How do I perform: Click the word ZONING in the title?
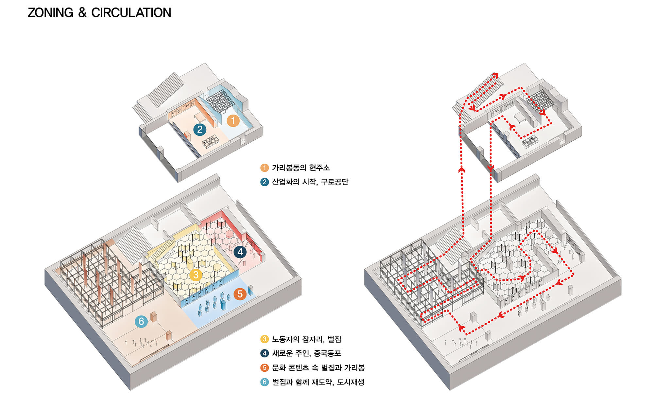[51, 13]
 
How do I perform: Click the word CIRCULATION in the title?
[131, 13]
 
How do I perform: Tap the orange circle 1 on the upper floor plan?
[233, 121]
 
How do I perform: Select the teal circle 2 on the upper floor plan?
[200, 130]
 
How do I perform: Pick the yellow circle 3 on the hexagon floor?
[196, 275]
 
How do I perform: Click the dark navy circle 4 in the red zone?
[240, 252]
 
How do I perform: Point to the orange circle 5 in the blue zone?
[240, 294]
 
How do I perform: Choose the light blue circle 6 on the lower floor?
[141, 321]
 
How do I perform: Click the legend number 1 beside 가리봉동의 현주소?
[264, 168]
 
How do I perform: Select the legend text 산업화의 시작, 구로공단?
[310, 182]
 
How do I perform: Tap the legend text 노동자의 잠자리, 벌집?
[306, 339]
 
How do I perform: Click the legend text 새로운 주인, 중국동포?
[306, 353]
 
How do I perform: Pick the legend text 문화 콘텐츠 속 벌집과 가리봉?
[318, 368]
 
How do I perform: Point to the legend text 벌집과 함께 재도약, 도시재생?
[318, 382]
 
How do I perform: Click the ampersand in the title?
[82, 13]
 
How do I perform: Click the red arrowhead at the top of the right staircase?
[495, 75]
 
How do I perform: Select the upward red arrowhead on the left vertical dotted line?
[462, 169]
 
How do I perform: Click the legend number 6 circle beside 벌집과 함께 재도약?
[265, 382]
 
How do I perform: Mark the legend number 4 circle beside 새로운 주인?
[265, 353]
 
